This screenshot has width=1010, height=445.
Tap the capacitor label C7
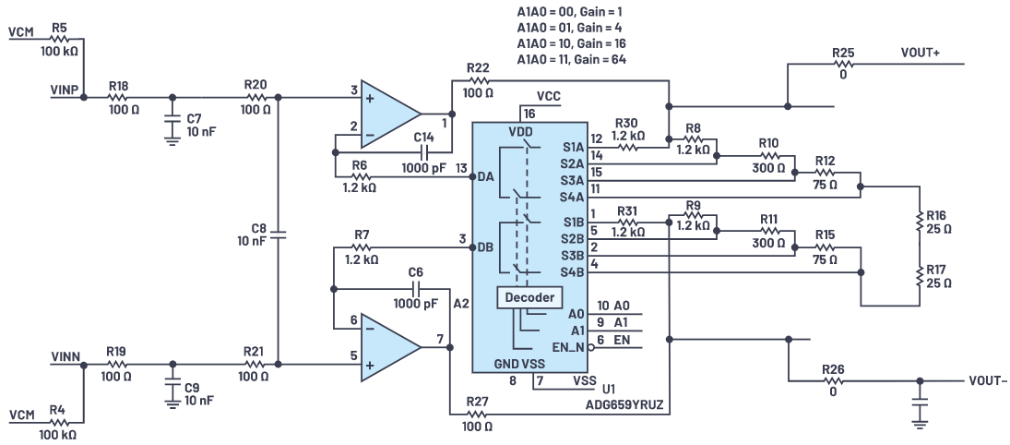click(194, 118)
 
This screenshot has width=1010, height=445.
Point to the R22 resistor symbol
click(478, 80)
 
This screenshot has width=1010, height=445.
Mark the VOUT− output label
click(988, 380)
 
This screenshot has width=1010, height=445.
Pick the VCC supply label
click(548, 95)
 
